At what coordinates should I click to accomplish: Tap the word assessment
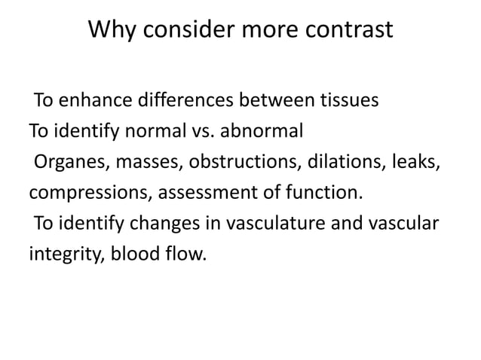tap(206, 193)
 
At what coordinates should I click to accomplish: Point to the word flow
tap(184, 255)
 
